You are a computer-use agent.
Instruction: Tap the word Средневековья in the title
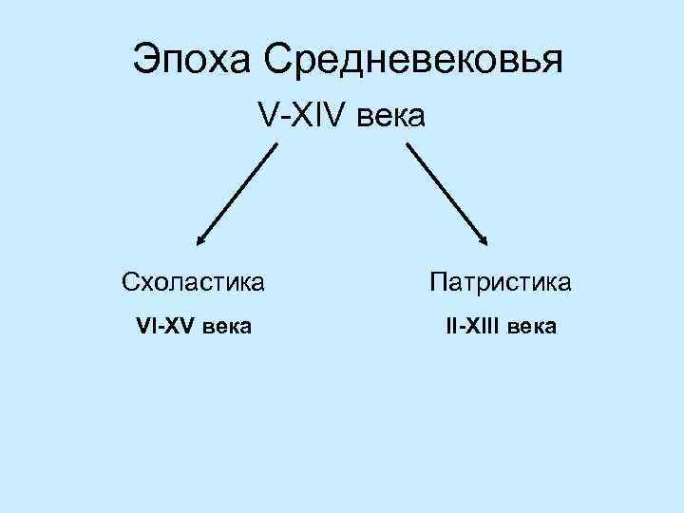point(413,60)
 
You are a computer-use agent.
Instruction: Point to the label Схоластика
point(193,282)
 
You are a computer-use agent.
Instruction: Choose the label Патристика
point(500,282)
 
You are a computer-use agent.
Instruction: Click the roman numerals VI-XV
point(165,327)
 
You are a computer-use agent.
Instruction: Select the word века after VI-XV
point(226,327)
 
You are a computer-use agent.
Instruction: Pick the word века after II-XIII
point(533,327)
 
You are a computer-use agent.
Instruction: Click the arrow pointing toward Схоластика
point(237,195)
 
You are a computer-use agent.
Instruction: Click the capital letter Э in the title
point(143,60)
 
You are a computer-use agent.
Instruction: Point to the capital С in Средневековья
point(278,60)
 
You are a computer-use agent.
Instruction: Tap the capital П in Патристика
point(438,282)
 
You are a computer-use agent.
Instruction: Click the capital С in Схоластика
point(130,282)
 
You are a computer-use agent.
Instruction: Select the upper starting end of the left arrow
point(276,144)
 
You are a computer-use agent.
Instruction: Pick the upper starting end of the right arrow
point(408,145)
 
